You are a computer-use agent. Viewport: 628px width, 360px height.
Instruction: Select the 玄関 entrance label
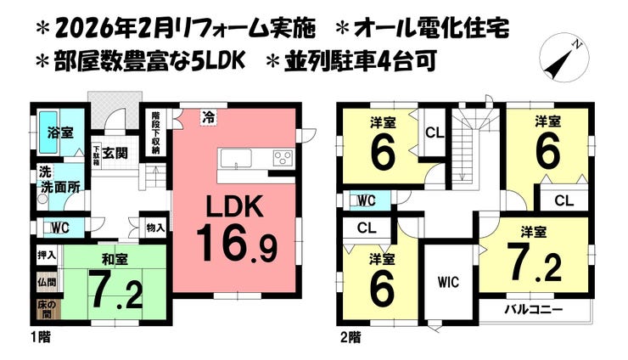coord(117,154)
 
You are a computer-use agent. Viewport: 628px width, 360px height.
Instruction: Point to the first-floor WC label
coord(59,228)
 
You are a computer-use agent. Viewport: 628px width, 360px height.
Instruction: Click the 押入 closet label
coord(47,255)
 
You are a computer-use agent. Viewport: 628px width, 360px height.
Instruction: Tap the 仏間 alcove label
coord(47,281)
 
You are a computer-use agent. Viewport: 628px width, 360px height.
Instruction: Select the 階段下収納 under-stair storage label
coord(155,132)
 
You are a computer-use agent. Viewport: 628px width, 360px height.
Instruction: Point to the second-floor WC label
coord(367,200)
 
